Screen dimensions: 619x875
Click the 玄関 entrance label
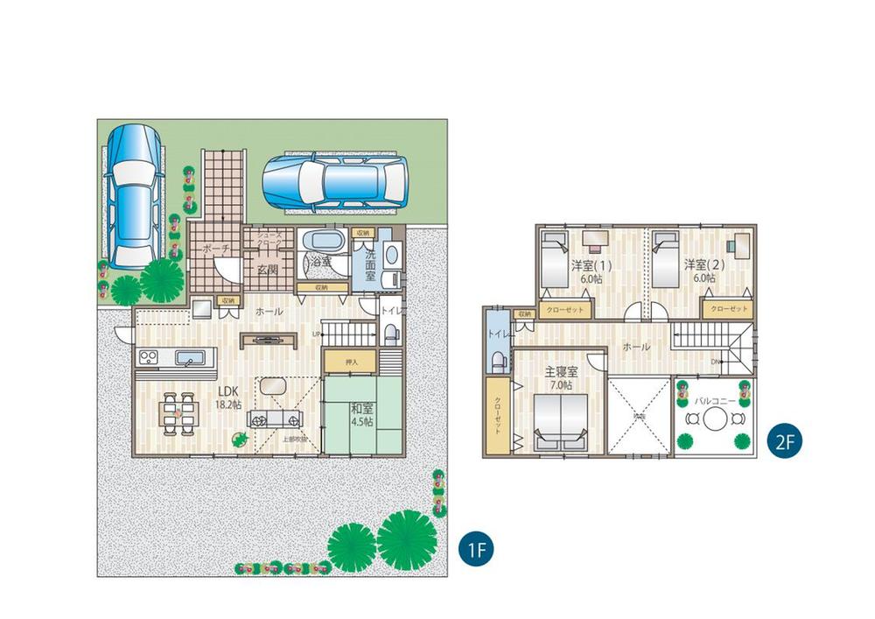(x=267, y=270)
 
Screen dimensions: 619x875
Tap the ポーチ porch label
(x=215, y=250)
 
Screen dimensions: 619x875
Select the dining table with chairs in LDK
(x=178, y=410)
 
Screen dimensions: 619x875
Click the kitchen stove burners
(x=145, y=357)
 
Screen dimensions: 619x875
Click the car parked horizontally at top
(x=334, y=181)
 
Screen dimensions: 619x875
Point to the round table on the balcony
(x=715, y=419)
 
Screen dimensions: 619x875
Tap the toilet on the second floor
(x=497, y=360)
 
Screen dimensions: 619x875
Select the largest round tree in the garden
(x=406, y=539)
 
